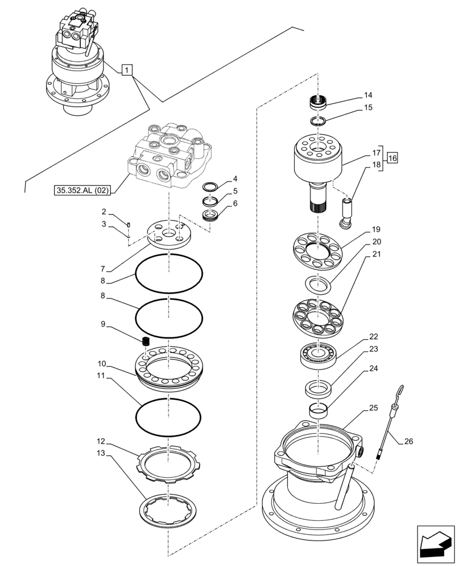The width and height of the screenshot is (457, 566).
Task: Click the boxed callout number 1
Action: pyautogui.click(x=128, y=70)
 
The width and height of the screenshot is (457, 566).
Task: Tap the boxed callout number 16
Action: pyautogui.click(x=392, y=158)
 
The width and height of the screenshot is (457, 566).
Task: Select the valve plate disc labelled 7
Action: pyautogui.click(x=168, y=233)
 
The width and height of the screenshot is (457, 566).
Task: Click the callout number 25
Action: pyautogui.click(x=373, y=408)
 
